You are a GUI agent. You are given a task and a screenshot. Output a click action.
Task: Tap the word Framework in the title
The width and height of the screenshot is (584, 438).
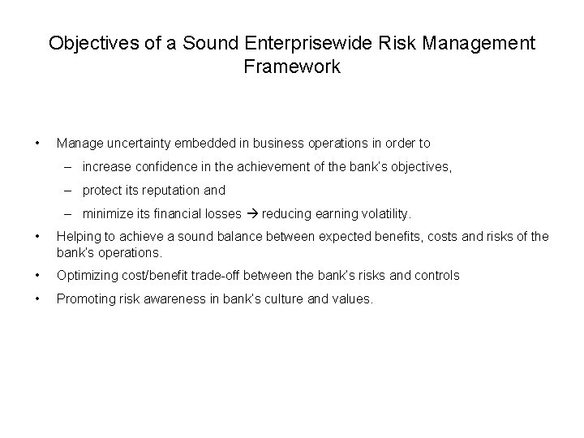point(292,67)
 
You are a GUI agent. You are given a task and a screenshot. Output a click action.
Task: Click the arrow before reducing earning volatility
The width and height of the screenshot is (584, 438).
point(251,215)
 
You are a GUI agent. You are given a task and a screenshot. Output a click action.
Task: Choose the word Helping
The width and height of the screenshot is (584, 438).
point(78,236)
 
